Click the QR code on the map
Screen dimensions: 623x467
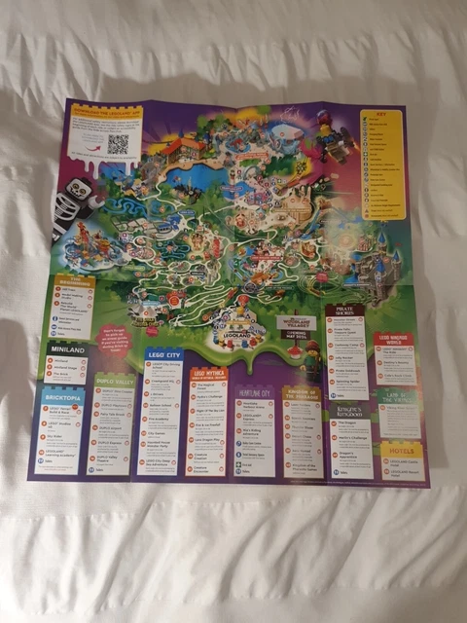tap(117, 144)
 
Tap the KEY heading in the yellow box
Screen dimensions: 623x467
tap(382, 115)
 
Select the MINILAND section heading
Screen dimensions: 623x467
tap(66, 348)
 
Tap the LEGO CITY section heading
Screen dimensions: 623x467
tap(163, 356)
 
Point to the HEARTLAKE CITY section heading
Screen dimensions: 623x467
tap(257, 390)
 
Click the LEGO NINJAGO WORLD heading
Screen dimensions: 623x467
tap(394, 340)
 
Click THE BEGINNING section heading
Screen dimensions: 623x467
tap(75, 281)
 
